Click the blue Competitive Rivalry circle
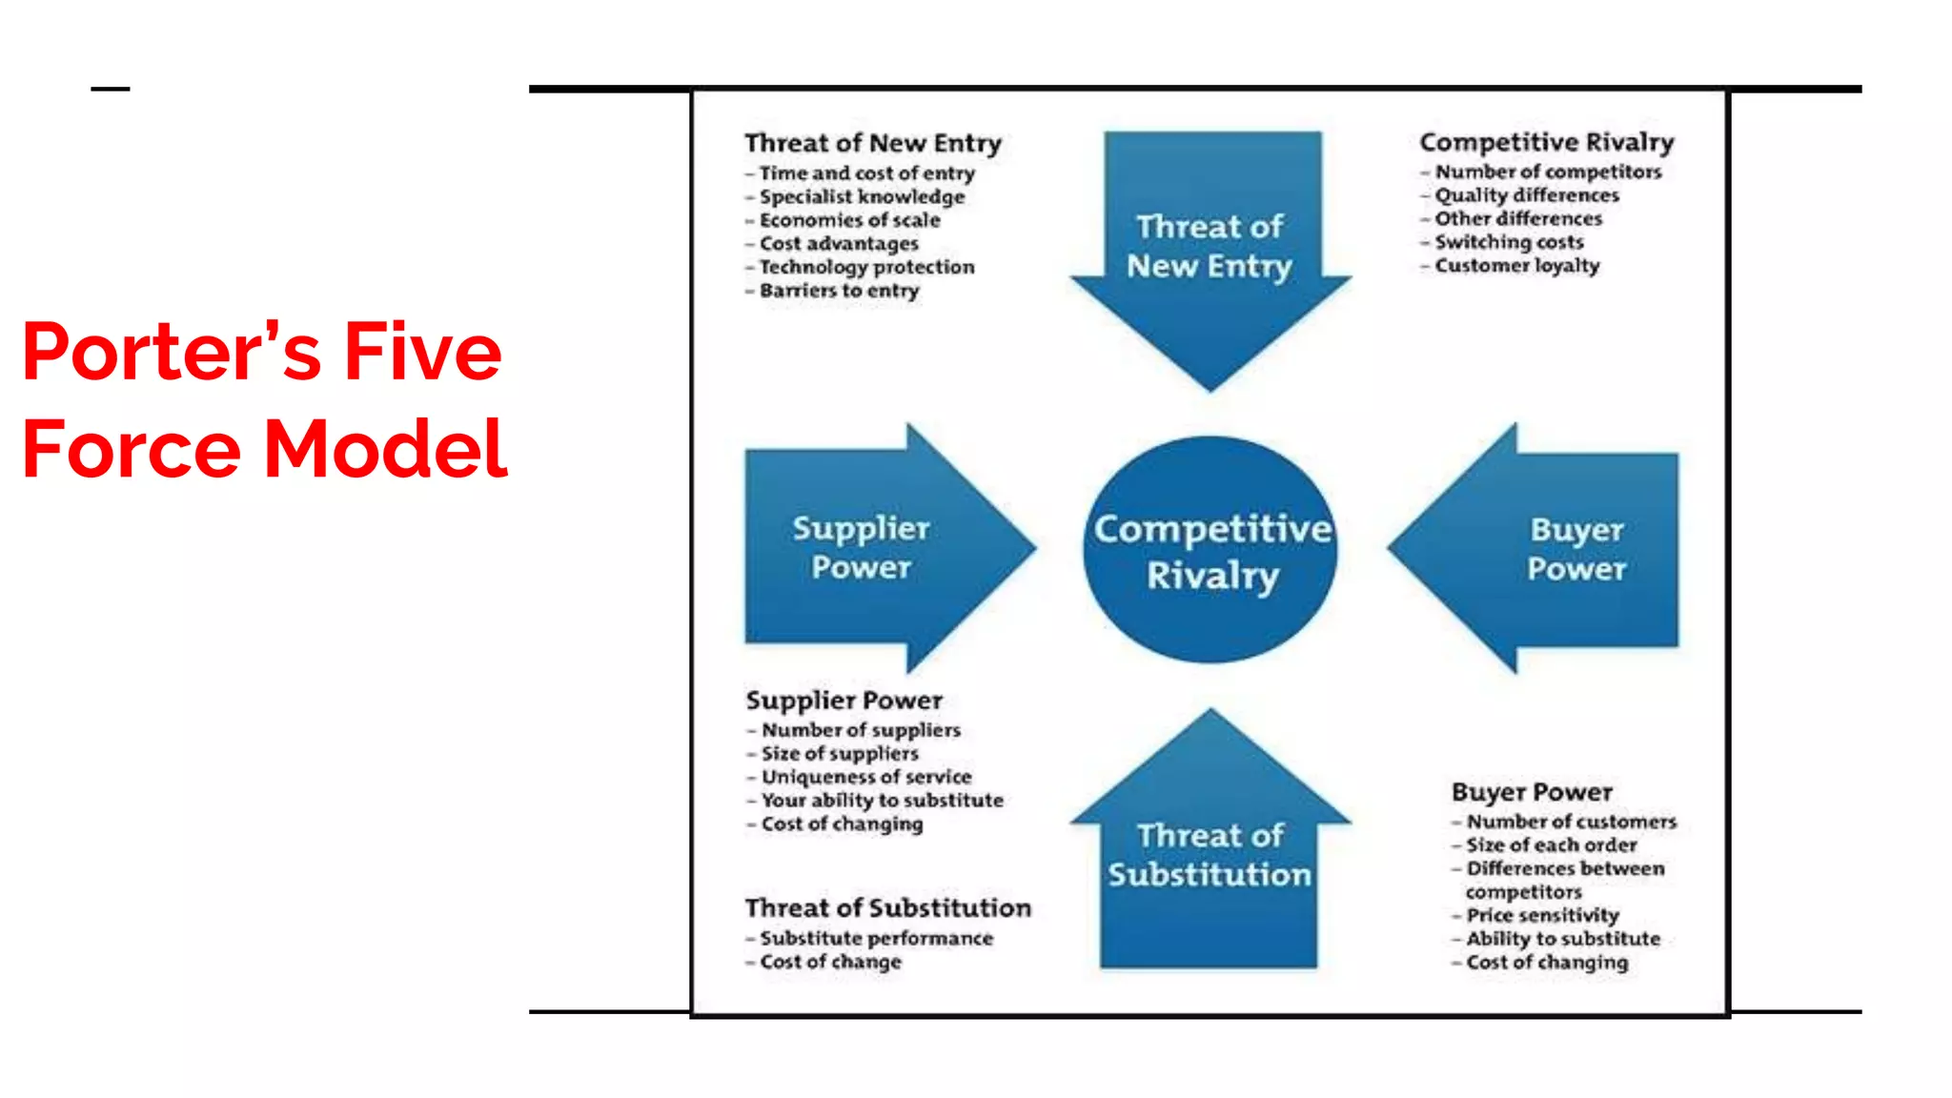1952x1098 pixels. [1210, 550]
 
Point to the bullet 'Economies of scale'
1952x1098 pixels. [849, 220]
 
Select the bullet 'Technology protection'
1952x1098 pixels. [866, 267]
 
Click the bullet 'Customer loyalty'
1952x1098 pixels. [1516, 266]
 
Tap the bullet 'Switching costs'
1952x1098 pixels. [1509, 242]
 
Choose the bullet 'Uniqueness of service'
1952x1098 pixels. [866, 777]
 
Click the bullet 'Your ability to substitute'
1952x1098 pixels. [882, 801]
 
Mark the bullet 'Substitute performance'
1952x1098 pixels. [876, 939]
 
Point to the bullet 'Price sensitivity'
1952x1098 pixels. [1542, 916]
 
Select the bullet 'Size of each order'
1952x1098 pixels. [1551, 845]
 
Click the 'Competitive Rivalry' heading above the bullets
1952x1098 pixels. [1546, 142]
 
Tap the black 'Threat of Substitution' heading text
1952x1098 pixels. [887, 908]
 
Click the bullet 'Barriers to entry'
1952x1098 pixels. [839, 291]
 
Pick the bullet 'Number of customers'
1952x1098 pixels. [1571, 822]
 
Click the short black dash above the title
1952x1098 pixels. [111, 89]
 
